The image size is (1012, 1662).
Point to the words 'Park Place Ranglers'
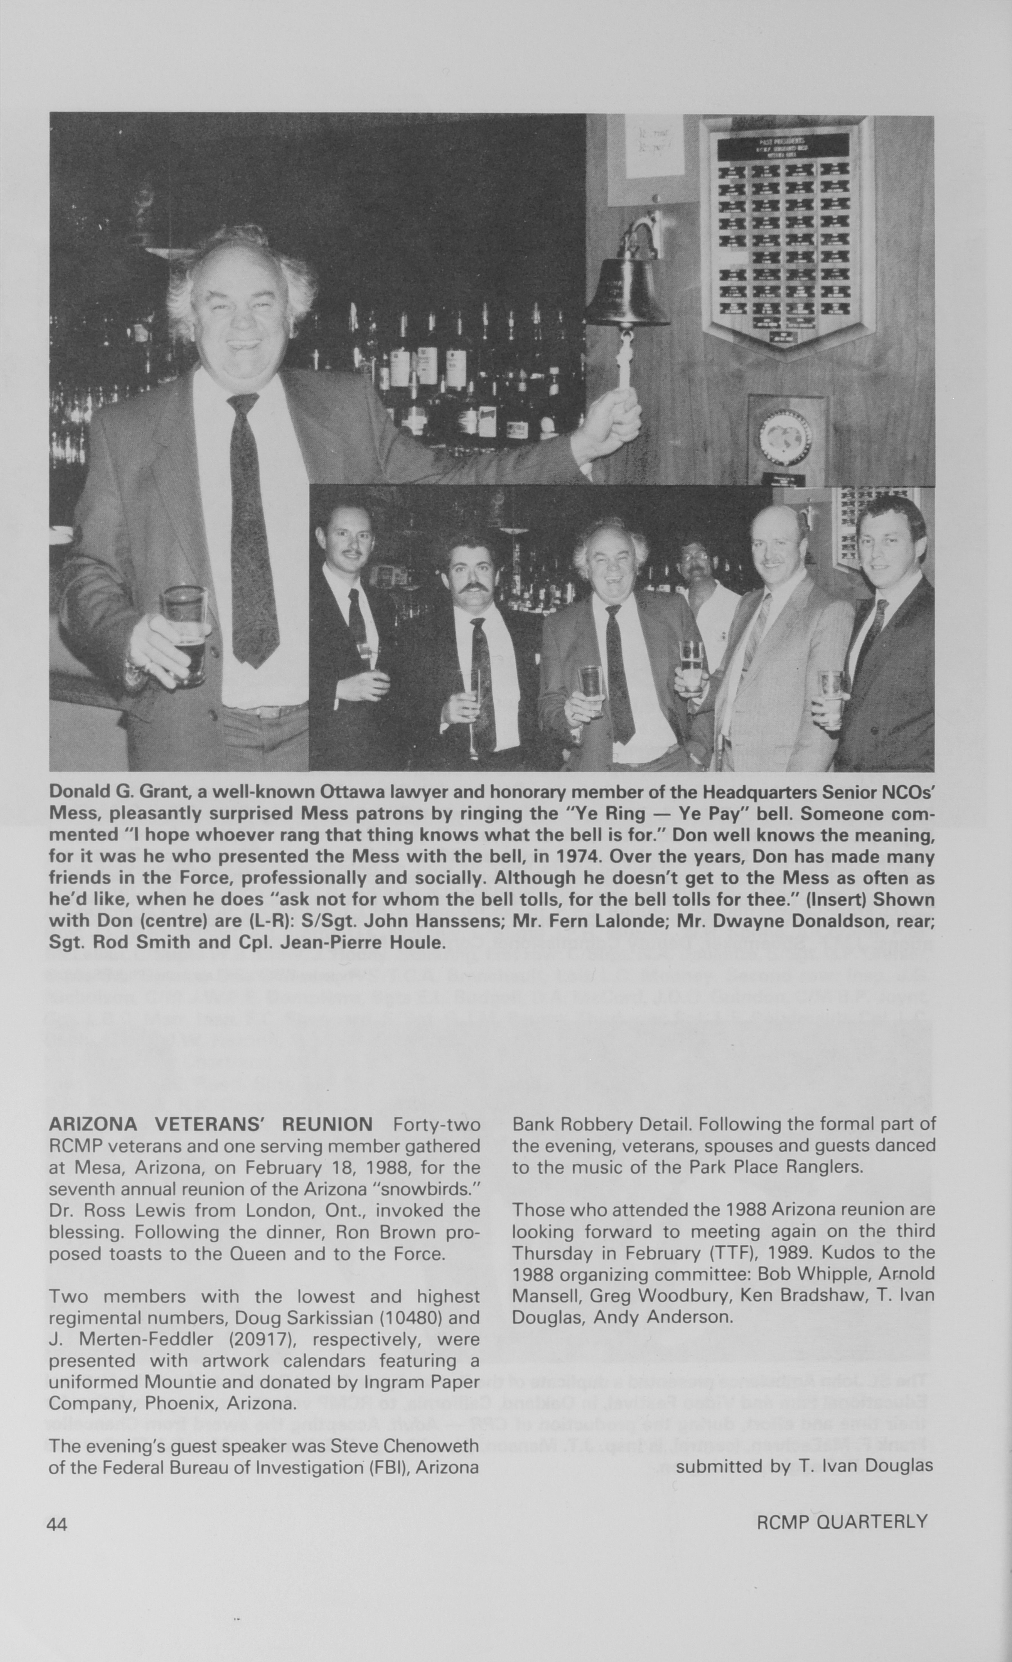[x=766, y=1167]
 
